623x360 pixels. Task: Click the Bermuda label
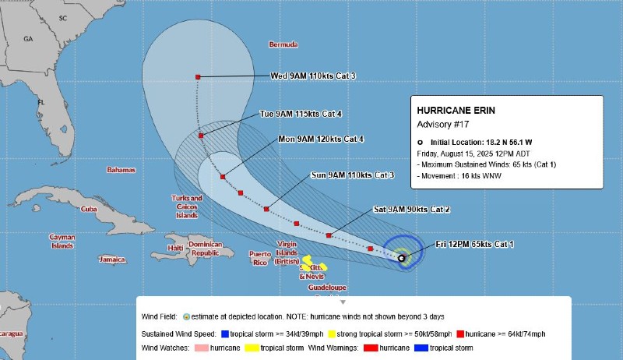click(283, 44)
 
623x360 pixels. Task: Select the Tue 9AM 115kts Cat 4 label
click(301, 114)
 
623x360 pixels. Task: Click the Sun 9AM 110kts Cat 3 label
click(352, 175)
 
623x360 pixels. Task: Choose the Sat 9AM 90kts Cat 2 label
click(412, 210)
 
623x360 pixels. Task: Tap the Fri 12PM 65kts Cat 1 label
click(474, 245)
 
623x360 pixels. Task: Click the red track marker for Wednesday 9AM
click(199, 76)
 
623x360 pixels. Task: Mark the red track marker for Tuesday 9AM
click(202, 136)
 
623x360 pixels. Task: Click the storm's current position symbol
click(401, 258)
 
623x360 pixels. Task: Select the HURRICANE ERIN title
click(455, 111)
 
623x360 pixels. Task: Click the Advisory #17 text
click(443, 124)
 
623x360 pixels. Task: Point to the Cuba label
click(89, 209)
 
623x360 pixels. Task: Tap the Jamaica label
click(112, 259)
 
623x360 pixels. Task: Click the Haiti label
click(176, 248)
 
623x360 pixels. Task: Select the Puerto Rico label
click(259, 258)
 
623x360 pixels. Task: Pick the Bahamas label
click(121, 169)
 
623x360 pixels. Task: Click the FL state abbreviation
click(41, 102)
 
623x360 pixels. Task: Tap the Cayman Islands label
click(62, 242)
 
